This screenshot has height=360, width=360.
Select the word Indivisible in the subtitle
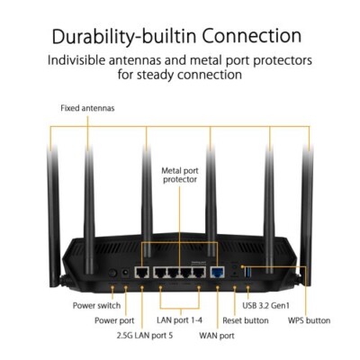click(x=94, y=61)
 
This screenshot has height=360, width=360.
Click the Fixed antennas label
click(x=87, y=108)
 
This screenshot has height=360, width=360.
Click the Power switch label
click(x=96, y=305)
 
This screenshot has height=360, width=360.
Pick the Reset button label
click(x=246, y=319)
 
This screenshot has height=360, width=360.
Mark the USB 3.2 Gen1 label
click(x=269, y=305)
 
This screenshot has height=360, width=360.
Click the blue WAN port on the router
click(x=217, y=271)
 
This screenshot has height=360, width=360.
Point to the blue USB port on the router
click(x=249, y=270)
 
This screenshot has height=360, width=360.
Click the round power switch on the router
click(x=112, y=271)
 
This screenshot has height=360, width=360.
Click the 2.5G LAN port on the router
click(x=142, y=271)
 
